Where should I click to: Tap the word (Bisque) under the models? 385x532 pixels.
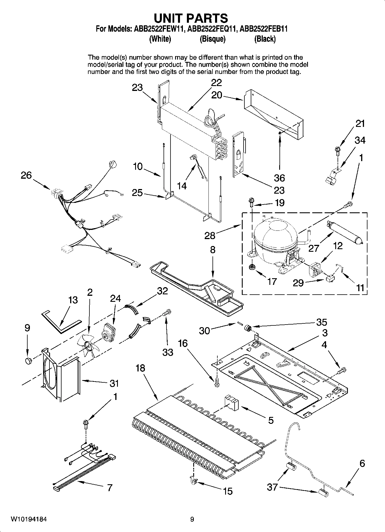click(x=212, y=39)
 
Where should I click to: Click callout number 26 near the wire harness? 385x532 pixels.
click(x=26, y=175)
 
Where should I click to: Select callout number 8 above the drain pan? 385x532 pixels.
click(x=212, y=249)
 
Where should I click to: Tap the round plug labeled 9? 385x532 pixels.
click(x=28, y=361)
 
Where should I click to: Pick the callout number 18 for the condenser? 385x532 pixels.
click(x=140, y=368)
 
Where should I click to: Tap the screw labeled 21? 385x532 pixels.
click(x=337, y=150)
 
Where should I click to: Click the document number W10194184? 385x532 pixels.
click(x=29, y=519)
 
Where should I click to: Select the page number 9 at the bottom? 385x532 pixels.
click(x=192, y=519)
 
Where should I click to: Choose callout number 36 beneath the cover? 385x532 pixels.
click(x=279, y=178)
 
